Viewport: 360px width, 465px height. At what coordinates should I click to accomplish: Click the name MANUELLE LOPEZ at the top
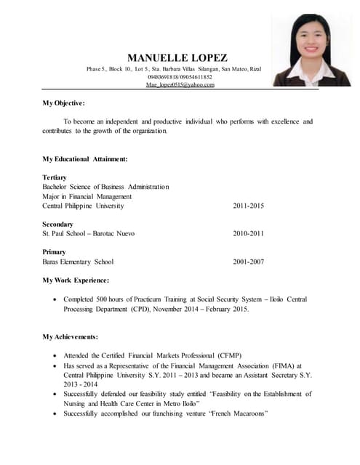(x=177, y=57)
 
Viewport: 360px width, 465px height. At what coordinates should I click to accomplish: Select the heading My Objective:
(x=64, y=103)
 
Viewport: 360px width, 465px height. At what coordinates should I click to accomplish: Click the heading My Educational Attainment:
(x=85, y=158)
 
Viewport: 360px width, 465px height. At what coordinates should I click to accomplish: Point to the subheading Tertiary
(x=55, y=177)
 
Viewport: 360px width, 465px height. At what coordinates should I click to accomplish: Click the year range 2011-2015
(x=248, y=206)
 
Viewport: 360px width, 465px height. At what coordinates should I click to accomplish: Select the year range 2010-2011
(x=248, y=234)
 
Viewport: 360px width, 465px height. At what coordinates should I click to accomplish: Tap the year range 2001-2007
(x=248, y=262)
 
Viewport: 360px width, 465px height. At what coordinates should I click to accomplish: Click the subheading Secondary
(x=58, y=225)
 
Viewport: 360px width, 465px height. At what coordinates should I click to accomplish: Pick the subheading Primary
(x=55, y=252)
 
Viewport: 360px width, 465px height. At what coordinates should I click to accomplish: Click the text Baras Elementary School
(x=78, y=262)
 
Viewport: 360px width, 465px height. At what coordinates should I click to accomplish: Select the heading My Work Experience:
(x=76, y=280)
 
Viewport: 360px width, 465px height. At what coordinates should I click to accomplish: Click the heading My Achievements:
(x=70, y=336)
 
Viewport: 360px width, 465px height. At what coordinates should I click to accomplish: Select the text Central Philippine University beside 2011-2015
(x=84, y=206)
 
